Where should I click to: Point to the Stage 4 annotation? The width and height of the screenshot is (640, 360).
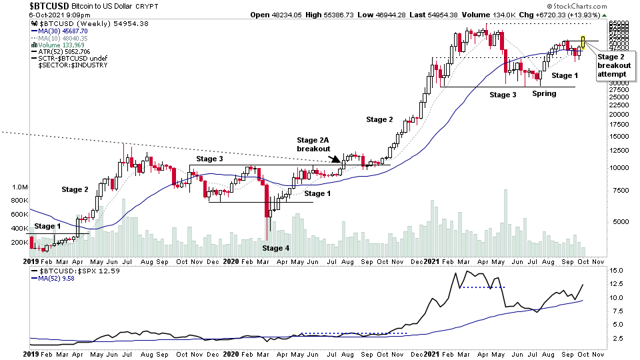click(x=277, y=248)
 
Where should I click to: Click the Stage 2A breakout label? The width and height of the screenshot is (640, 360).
click(x=314, y=145)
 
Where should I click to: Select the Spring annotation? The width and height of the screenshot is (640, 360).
click(x=544, y=94)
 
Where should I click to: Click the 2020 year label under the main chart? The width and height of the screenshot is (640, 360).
click(x=231, y=263)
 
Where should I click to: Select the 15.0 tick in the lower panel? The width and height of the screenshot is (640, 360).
click(x=616, y=270)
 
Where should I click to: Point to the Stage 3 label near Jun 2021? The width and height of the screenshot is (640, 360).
click(x=503, y=95)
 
